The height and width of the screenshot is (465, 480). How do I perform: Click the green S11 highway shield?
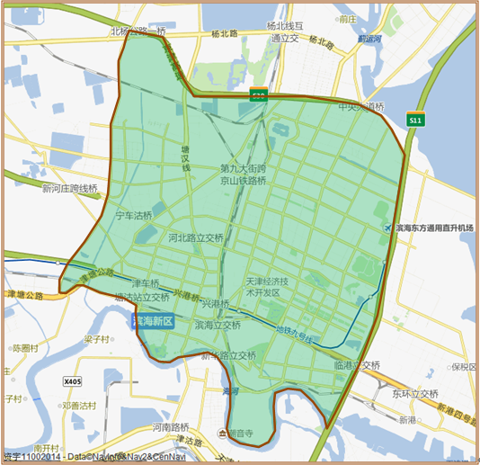pyautogui.click(x=414, y=120)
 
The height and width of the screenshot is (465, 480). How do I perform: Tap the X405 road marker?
pyautogui.click(x=73, y=381)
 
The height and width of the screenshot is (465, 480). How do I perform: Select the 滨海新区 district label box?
pyautogui.click(x=154, y=321)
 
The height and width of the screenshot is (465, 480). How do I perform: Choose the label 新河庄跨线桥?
pyautogui.click(x=69, y=189)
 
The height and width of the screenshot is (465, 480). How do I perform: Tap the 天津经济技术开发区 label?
pyautogui.click(x=268, y=287)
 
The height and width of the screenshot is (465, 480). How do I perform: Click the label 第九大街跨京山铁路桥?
pyautogui.click(x=244, y=174)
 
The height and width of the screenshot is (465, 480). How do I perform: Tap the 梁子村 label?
pyautogui.click(x=96, y=340)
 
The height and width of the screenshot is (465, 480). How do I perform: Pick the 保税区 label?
pyautogui.click(x=465, y=367)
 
